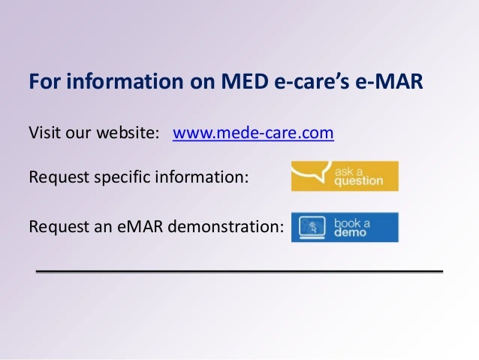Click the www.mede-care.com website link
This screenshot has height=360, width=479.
(x=253, y=134)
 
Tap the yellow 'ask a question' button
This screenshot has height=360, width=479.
(x=345, y=176)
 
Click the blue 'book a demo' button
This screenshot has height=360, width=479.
(x=345, y=226)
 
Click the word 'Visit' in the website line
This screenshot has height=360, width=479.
(x=43, y=134)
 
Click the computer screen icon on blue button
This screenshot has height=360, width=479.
(x=310, y=227)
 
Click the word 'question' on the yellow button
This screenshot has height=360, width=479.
(x=359, y=181)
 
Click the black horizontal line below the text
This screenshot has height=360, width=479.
(x=239, y=269)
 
